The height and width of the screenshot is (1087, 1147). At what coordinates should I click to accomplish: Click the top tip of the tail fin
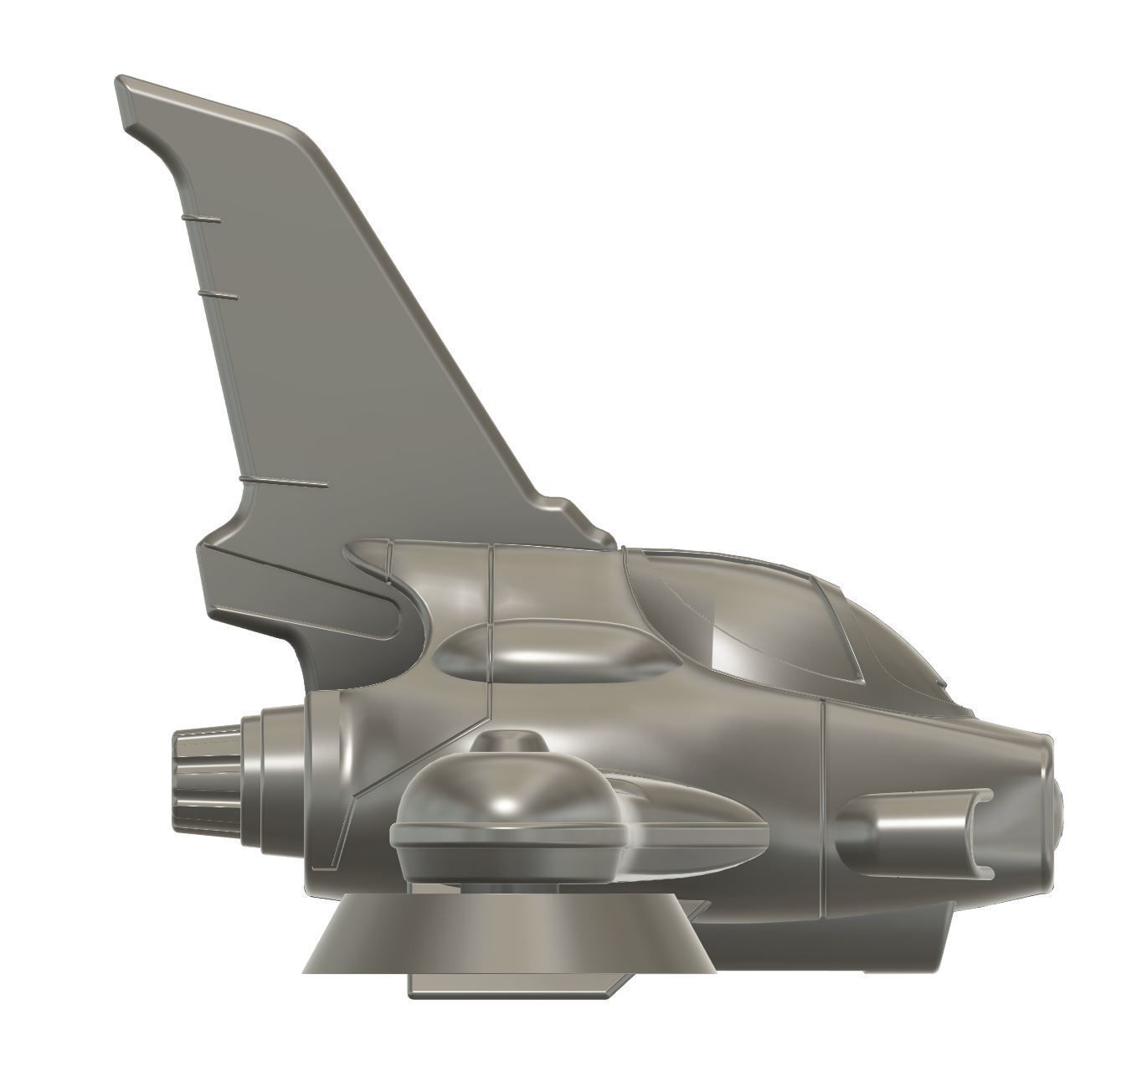[x=126, y=84]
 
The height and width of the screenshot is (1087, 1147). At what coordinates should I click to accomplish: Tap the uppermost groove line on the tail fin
[x=201, y=219]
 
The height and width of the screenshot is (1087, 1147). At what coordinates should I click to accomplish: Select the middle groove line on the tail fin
[x=216, y=296]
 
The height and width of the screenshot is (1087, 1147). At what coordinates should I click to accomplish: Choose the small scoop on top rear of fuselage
[x=368, y=553]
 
